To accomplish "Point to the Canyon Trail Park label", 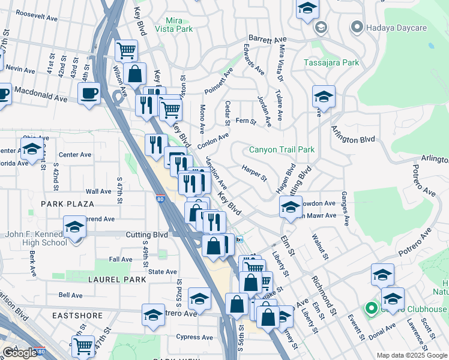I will (282, 149).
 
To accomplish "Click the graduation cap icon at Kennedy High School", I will (74, 227).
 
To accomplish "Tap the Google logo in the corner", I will (20, 353).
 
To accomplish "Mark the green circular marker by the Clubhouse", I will (371, 309).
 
